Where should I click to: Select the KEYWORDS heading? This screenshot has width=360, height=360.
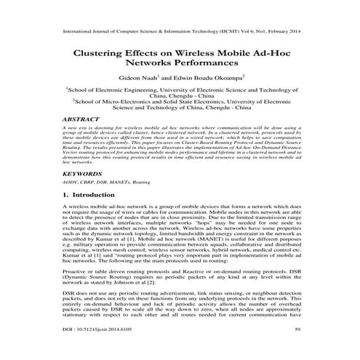tap(76, 175)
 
